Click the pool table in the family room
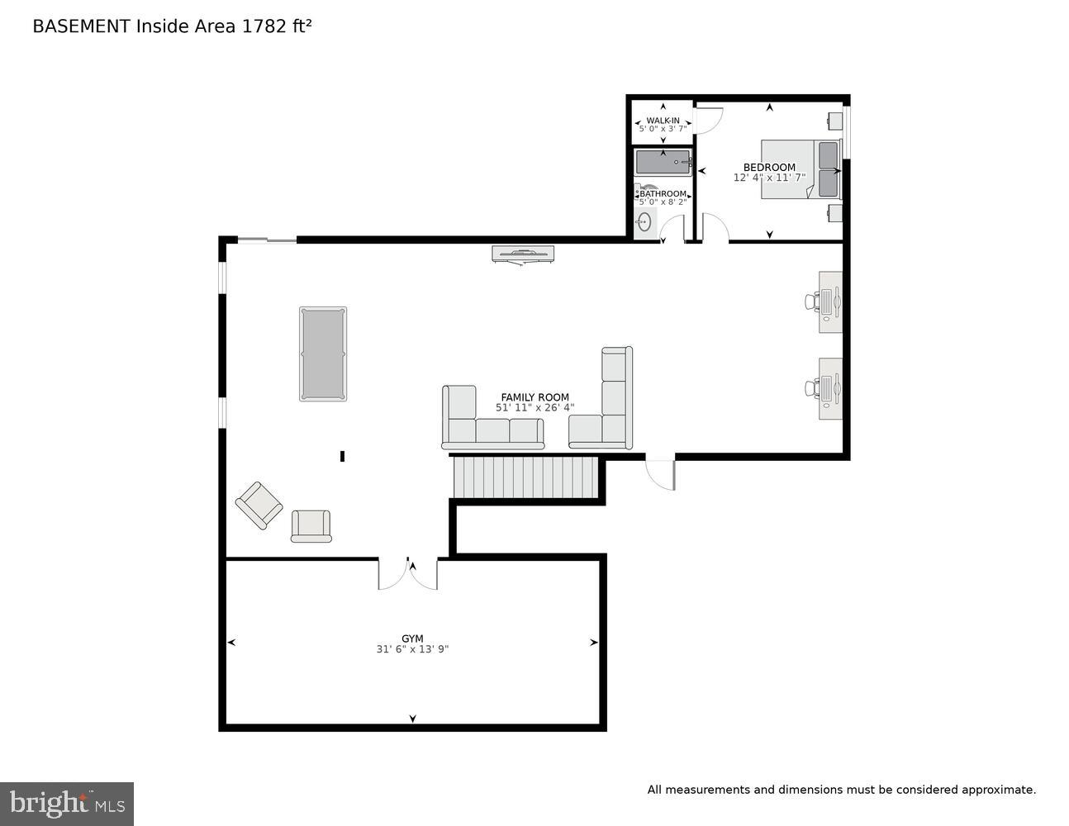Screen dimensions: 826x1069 323,354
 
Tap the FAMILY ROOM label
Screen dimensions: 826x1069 534,397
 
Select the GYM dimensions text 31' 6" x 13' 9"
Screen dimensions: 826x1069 412,649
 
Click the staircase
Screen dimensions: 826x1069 525,478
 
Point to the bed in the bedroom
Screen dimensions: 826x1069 799,169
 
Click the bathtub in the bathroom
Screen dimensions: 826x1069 663,163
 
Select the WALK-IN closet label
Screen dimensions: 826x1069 663,121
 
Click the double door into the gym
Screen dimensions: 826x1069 408,573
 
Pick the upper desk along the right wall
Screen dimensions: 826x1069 830,301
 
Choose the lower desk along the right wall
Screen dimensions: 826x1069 830,388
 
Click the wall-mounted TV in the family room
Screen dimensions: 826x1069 523,254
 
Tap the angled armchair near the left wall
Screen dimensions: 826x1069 259,505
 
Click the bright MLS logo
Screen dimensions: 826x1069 67,803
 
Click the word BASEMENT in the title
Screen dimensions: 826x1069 81,26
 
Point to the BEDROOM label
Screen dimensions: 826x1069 769,167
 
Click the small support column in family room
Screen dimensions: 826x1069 342,456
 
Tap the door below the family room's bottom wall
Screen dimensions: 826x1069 661,473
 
